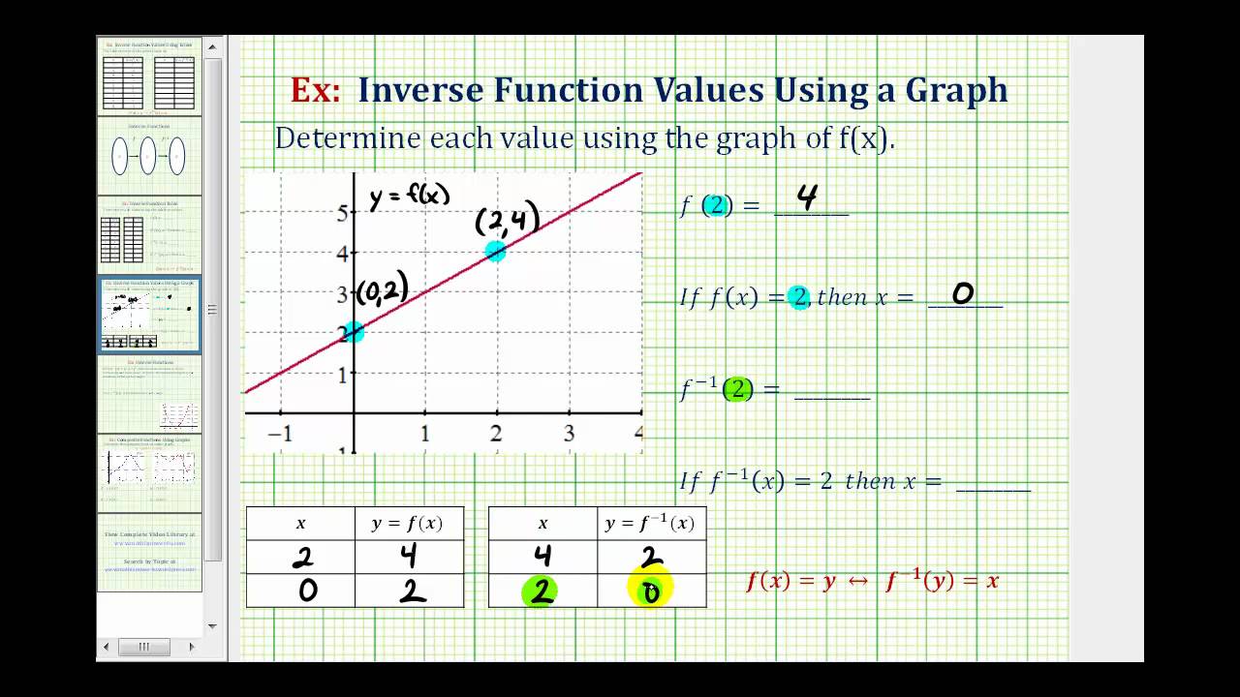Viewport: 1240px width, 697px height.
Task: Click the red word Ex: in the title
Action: (x=316, y=90)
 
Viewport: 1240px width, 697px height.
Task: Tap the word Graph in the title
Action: (x=956, y=90)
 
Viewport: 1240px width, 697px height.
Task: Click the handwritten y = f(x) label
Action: (x=410, y=196)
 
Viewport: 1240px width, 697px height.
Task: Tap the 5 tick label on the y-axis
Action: (x=342, y=213)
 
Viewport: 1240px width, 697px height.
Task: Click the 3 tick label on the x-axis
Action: (x=569, y=435)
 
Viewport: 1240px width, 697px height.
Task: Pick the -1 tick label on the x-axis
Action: (x=279, y=435)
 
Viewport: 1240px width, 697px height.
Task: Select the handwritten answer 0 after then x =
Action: (x=962, y=292)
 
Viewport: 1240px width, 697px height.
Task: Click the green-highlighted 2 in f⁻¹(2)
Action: (x=737, y=389)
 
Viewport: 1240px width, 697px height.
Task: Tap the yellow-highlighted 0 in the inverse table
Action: (x=651, y=591)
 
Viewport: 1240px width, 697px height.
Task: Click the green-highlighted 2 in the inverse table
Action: (x=542, y=591)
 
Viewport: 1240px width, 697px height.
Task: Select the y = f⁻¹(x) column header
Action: (x=650, y=524)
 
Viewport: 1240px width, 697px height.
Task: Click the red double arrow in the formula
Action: (x=859, y=581)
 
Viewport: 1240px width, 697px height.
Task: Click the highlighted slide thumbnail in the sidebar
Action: (x=150, y=316)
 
